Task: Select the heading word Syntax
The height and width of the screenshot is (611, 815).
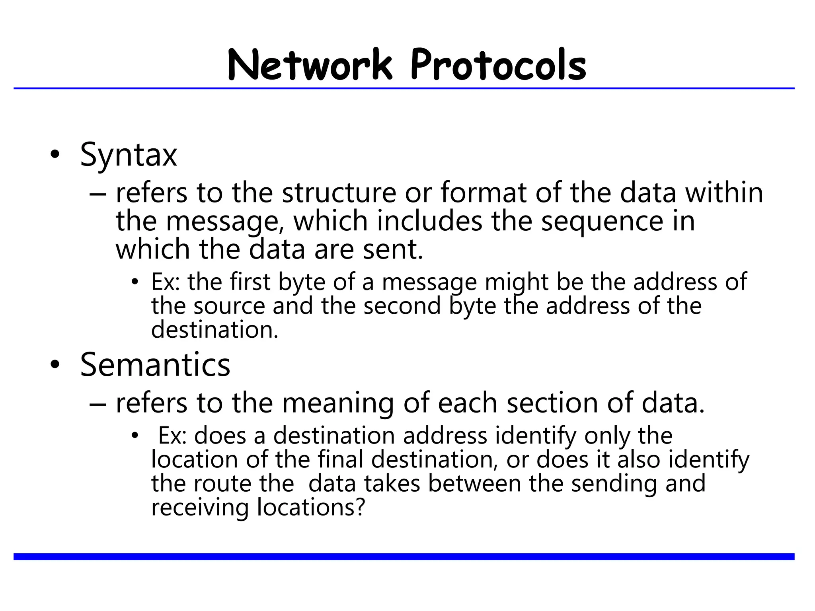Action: [128, 155]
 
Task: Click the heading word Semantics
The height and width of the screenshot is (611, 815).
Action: [155, 365]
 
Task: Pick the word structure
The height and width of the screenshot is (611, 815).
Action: [339, 193]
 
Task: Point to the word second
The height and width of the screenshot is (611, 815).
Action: [402, 306]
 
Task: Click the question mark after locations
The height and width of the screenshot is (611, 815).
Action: [359, 508]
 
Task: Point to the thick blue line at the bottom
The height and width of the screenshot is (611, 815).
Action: [404, 557]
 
